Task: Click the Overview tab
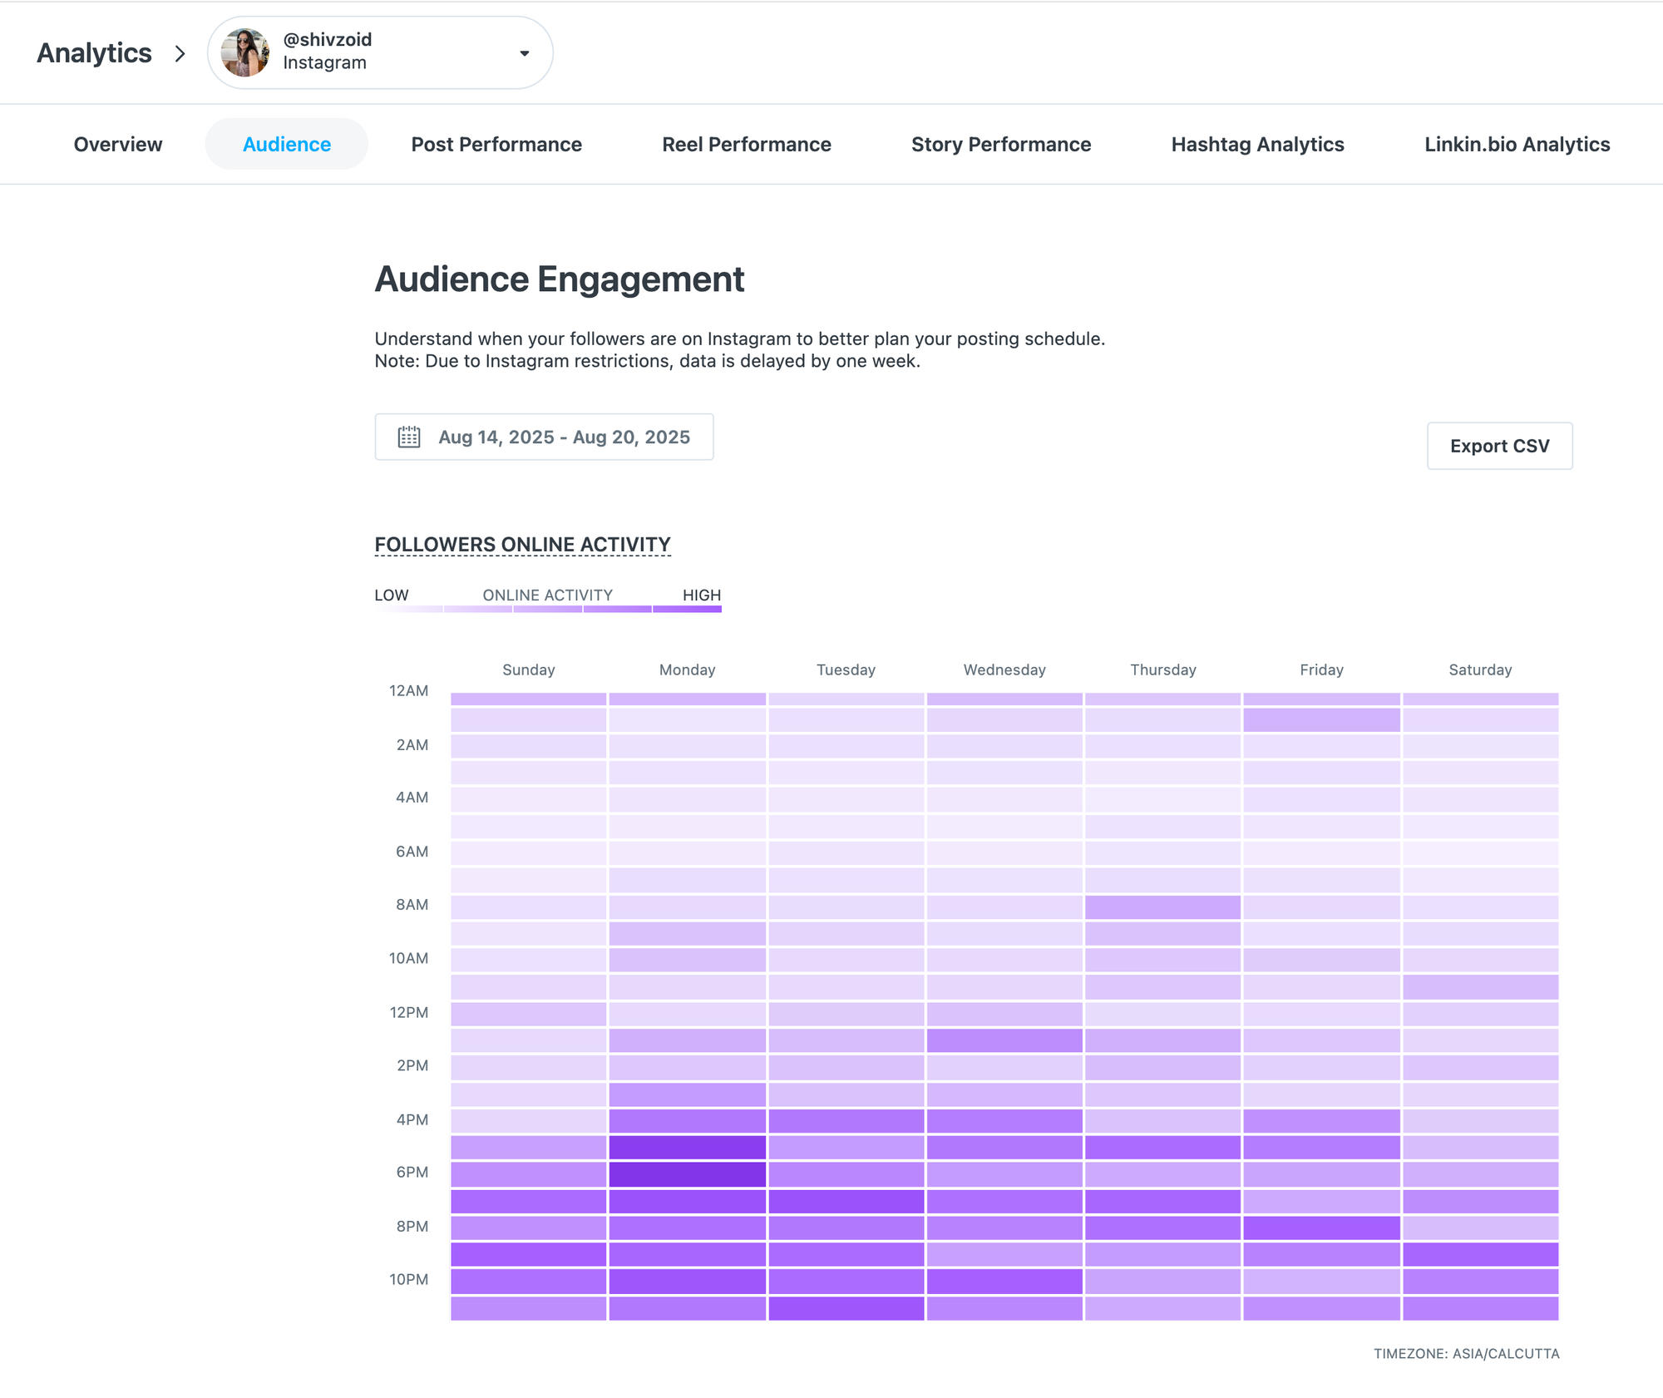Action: [118, 145]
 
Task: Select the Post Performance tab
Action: [496, 145]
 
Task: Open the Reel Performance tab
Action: [746, 145]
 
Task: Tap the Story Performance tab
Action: [1000, 145]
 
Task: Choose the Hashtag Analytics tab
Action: [1257, 145]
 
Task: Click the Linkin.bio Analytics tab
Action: [1517, 145]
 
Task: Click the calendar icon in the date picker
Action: [408, 437]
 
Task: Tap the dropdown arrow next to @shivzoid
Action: [524, 53]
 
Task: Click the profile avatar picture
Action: [244, 52]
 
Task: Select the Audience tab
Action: [286, 145]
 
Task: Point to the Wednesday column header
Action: [1004, 670]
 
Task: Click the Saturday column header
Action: [1479, 670]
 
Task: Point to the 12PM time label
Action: [408, 1013]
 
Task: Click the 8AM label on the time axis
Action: [412, 905]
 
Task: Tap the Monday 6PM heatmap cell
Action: [687, 1174]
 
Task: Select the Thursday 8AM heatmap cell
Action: [1162, 907]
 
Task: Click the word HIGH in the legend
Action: [701, 595]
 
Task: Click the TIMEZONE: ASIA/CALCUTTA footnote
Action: [1465, 1354]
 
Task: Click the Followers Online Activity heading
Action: [522, 545]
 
